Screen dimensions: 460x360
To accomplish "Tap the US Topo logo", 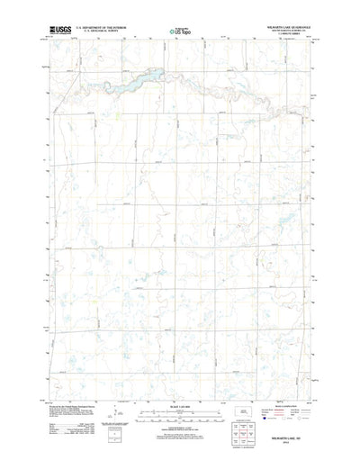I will click(179, 32).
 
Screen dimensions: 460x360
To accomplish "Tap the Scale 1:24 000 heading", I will click(179, 407).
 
